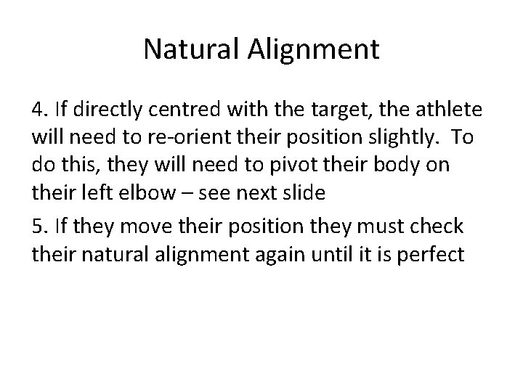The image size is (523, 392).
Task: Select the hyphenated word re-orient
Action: point(198,139)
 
